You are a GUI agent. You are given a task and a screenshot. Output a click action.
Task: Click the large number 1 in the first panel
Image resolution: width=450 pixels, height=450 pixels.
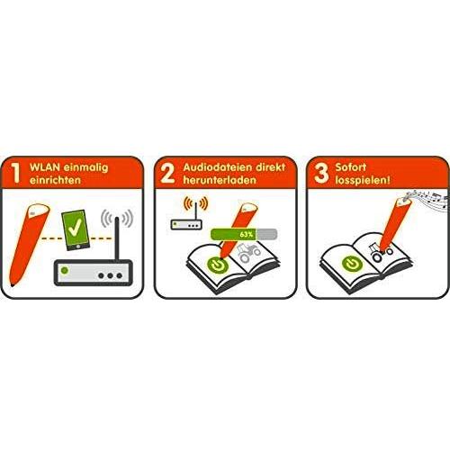click(15, 173)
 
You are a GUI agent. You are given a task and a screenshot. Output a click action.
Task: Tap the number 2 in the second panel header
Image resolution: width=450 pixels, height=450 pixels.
click(167, 174)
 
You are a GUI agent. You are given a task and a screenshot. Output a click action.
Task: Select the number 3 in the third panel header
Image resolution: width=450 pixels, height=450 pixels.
click(321, 174)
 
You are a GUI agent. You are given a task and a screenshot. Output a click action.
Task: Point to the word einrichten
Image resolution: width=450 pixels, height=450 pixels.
click(55, 180)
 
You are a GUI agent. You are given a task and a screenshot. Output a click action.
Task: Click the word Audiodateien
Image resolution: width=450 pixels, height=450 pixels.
click(217, 167)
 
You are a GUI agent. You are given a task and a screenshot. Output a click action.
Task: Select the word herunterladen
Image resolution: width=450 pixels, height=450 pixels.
click(220, 180)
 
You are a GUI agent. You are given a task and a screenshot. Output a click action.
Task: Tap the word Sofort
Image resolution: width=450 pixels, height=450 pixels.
click(351, 167)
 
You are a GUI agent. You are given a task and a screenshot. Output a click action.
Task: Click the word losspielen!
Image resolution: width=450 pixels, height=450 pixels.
click(363, 180)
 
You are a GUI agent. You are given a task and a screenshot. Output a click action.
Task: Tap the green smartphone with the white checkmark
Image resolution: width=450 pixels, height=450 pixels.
click(76, 229)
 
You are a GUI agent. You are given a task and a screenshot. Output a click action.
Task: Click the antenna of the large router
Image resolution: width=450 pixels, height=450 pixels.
click(117, 238)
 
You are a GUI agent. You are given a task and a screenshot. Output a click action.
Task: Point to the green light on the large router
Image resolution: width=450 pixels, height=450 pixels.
click(65, 271)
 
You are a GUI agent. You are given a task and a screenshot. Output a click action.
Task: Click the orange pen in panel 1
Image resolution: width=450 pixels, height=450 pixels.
click(29, 245)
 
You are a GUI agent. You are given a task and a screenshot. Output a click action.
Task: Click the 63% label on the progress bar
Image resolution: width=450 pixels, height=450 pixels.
click(247, 234)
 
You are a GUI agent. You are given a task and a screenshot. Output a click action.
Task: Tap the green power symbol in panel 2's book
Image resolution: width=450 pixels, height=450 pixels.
click(218, 265)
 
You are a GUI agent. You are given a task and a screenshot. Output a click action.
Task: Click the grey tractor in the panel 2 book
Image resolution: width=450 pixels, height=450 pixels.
click(248, 254)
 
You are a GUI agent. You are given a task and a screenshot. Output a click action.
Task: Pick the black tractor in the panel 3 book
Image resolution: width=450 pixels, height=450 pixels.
click(381, 252)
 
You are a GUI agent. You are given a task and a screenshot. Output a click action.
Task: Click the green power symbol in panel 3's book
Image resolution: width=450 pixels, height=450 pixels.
click(352, 265)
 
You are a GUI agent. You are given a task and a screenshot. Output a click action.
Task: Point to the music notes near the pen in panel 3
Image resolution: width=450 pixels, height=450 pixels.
click(429, 199)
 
